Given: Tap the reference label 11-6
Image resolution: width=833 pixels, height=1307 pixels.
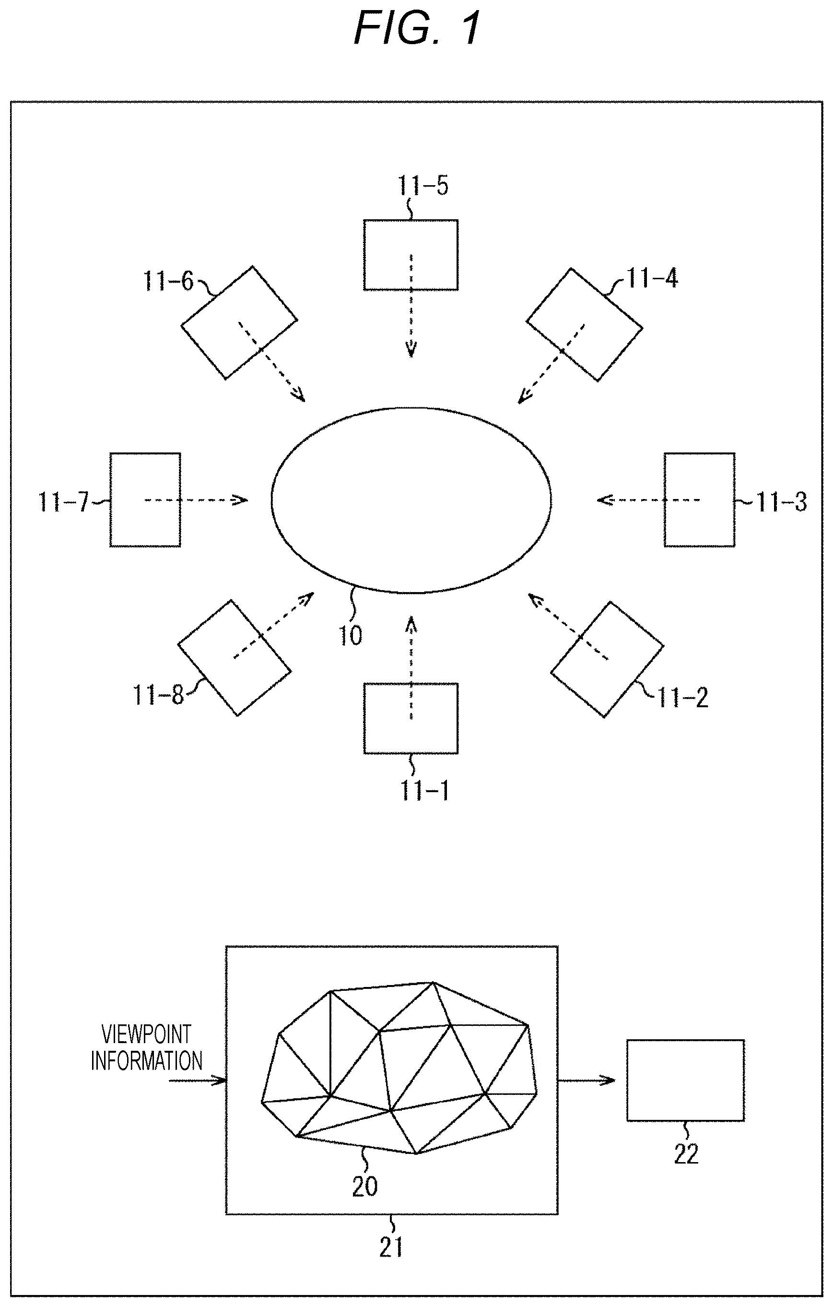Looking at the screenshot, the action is [x=168, y=281].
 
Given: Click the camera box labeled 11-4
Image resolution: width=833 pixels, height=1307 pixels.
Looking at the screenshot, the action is [x=584, y=324].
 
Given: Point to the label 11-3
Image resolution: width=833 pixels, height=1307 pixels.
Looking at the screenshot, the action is [x=781, y=502].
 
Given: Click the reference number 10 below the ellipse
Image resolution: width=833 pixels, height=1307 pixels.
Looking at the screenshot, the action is [x=351, y=636].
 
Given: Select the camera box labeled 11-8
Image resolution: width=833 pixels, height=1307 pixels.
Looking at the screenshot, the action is [x=235, y=657].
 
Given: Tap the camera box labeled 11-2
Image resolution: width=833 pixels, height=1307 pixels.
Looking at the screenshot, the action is [x=607, y=659].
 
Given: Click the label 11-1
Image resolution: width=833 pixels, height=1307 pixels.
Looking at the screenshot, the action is [x=425, y=791].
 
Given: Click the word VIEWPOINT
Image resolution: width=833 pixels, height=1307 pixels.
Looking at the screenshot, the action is [x=147, y=1034].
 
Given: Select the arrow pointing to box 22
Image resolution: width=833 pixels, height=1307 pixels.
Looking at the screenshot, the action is [x=587, y=1080].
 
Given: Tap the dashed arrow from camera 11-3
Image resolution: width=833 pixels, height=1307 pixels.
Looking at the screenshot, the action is [x=648, y=499].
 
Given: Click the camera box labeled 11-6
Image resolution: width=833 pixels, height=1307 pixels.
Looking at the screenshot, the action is [x=239, y=322].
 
